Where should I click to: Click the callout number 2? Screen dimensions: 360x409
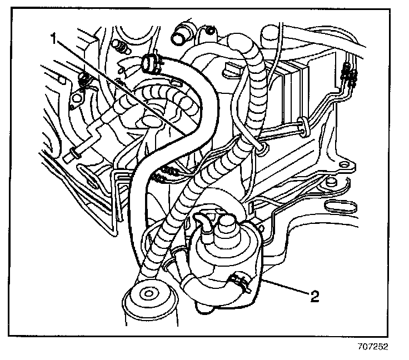(315, 296)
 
